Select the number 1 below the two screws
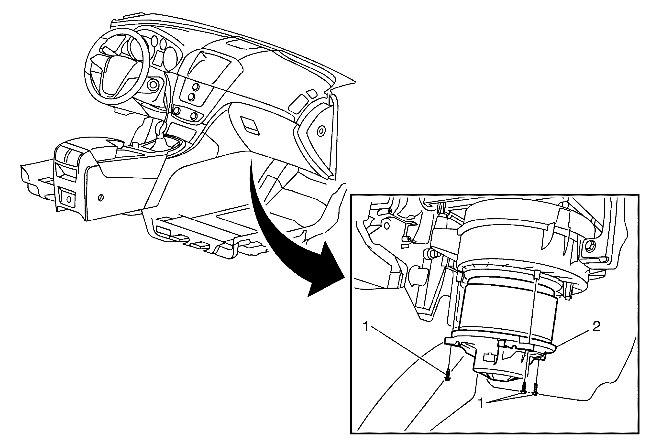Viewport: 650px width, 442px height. pos(481,404)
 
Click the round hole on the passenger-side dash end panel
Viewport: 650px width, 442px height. pos(321,130)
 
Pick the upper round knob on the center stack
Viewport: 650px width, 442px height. pos(196,87)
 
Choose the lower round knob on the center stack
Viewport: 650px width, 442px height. pos(191,97)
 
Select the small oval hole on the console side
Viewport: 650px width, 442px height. pos(101,197)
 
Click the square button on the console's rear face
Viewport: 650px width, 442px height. pos(68,198)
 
